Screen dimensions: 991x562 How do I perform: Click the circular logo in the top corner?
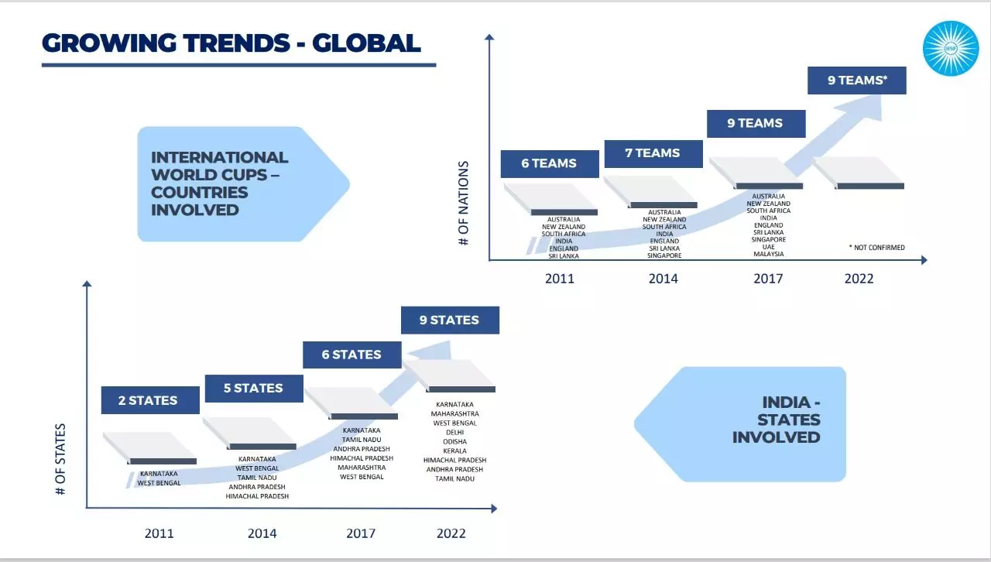[951, 48]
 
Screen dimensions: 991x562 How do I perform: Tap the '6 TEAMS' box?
[550, 164]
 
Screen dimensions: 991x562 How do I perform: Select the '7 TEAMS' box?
[653, 153]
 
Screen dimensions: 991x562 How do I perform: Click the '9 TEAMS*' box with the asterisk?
[857, 81]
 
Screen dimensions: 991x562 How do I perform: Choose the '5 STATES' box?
[254, 389]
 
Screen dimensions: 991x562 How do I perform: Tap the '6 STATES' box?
[352, 355]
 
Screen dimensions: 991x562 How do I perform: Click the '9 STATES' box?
[451, 320]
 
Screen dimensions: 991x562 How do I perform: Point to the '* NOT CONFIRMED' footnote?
[877, 248]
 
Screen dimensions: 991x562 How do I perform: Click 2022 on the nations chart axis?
[859, 279]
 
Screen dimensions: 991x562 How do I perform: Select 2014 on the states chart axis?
[262, 533]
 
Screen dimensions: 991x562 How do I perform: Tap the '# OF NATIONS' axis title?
[463, 203]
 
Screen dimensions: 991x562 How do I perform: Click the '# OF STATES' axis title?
[60, 459]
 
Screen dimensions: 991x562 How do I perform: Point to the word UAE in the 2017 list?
[769, 247]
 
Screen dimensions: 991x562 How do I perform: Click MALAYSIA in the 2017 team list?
[769, 254]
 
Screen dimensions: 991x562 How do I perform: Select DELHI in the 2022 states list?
[454, 433]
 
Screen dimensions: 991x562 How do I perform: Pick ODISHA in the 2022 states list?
[454, 442]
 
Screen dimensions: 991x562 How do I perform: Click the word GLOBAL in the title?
[366, 43]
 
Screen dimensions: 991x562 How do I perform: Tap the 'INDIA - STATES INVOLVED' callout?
[739, 424]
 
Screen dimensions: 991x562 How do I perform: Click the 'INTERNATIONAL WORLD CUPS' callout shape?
[243, 184]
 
